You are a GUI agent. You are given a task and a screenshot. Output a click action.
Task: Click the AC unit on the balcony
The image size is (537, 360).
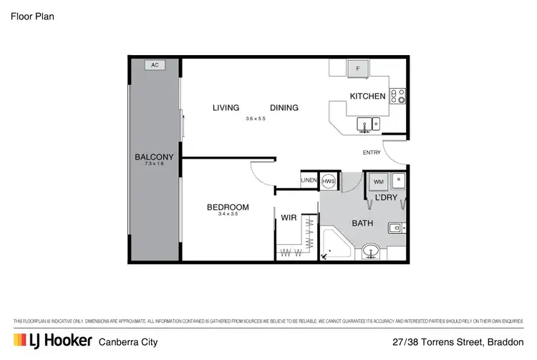[x=155, y=65]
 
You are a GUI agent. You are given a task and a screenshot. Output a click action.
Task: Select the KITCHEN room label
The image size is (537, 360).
[x=367, y=96]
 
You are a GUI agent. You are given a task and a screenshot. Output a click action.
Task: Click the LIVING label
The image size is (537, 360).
[x=226, y=108]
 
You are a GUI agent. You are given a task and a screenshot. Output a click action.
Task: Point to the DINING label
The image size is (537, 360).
[x=284, y=108]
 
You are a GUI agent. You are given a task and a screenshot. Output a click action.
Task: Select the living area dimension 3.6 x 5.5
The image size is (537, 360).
[x=256, y=119]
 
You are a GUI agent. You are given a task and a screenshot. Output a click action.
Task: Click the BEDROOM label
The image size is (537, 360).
[x=227, y=208]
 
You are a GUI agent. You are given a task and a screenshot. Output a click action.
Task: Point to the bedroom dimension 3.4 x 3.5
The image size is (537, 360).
[x=227, y=215]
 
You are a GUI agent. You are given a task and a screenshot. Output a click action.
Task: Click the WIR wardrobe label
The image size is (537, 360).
[x=289, y=216]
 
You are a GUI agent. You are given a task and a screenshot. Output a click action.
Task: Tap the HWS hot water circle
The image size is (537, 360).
[x=329, y=180]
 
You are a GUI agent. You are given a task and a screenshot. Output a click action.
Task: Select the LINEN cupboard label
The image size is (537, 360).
[x=309, y=180]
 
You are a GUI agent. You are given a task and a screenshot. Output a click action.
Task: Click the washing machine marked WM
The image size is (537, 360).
[x=378, y=180]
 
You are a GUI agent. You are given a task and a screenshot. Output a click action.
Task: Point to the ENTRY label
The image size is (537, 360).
[x=372, y=152]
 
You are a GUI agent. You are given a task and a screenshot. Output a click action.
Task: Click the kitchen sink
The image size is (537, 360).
[x=369, y=125]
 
